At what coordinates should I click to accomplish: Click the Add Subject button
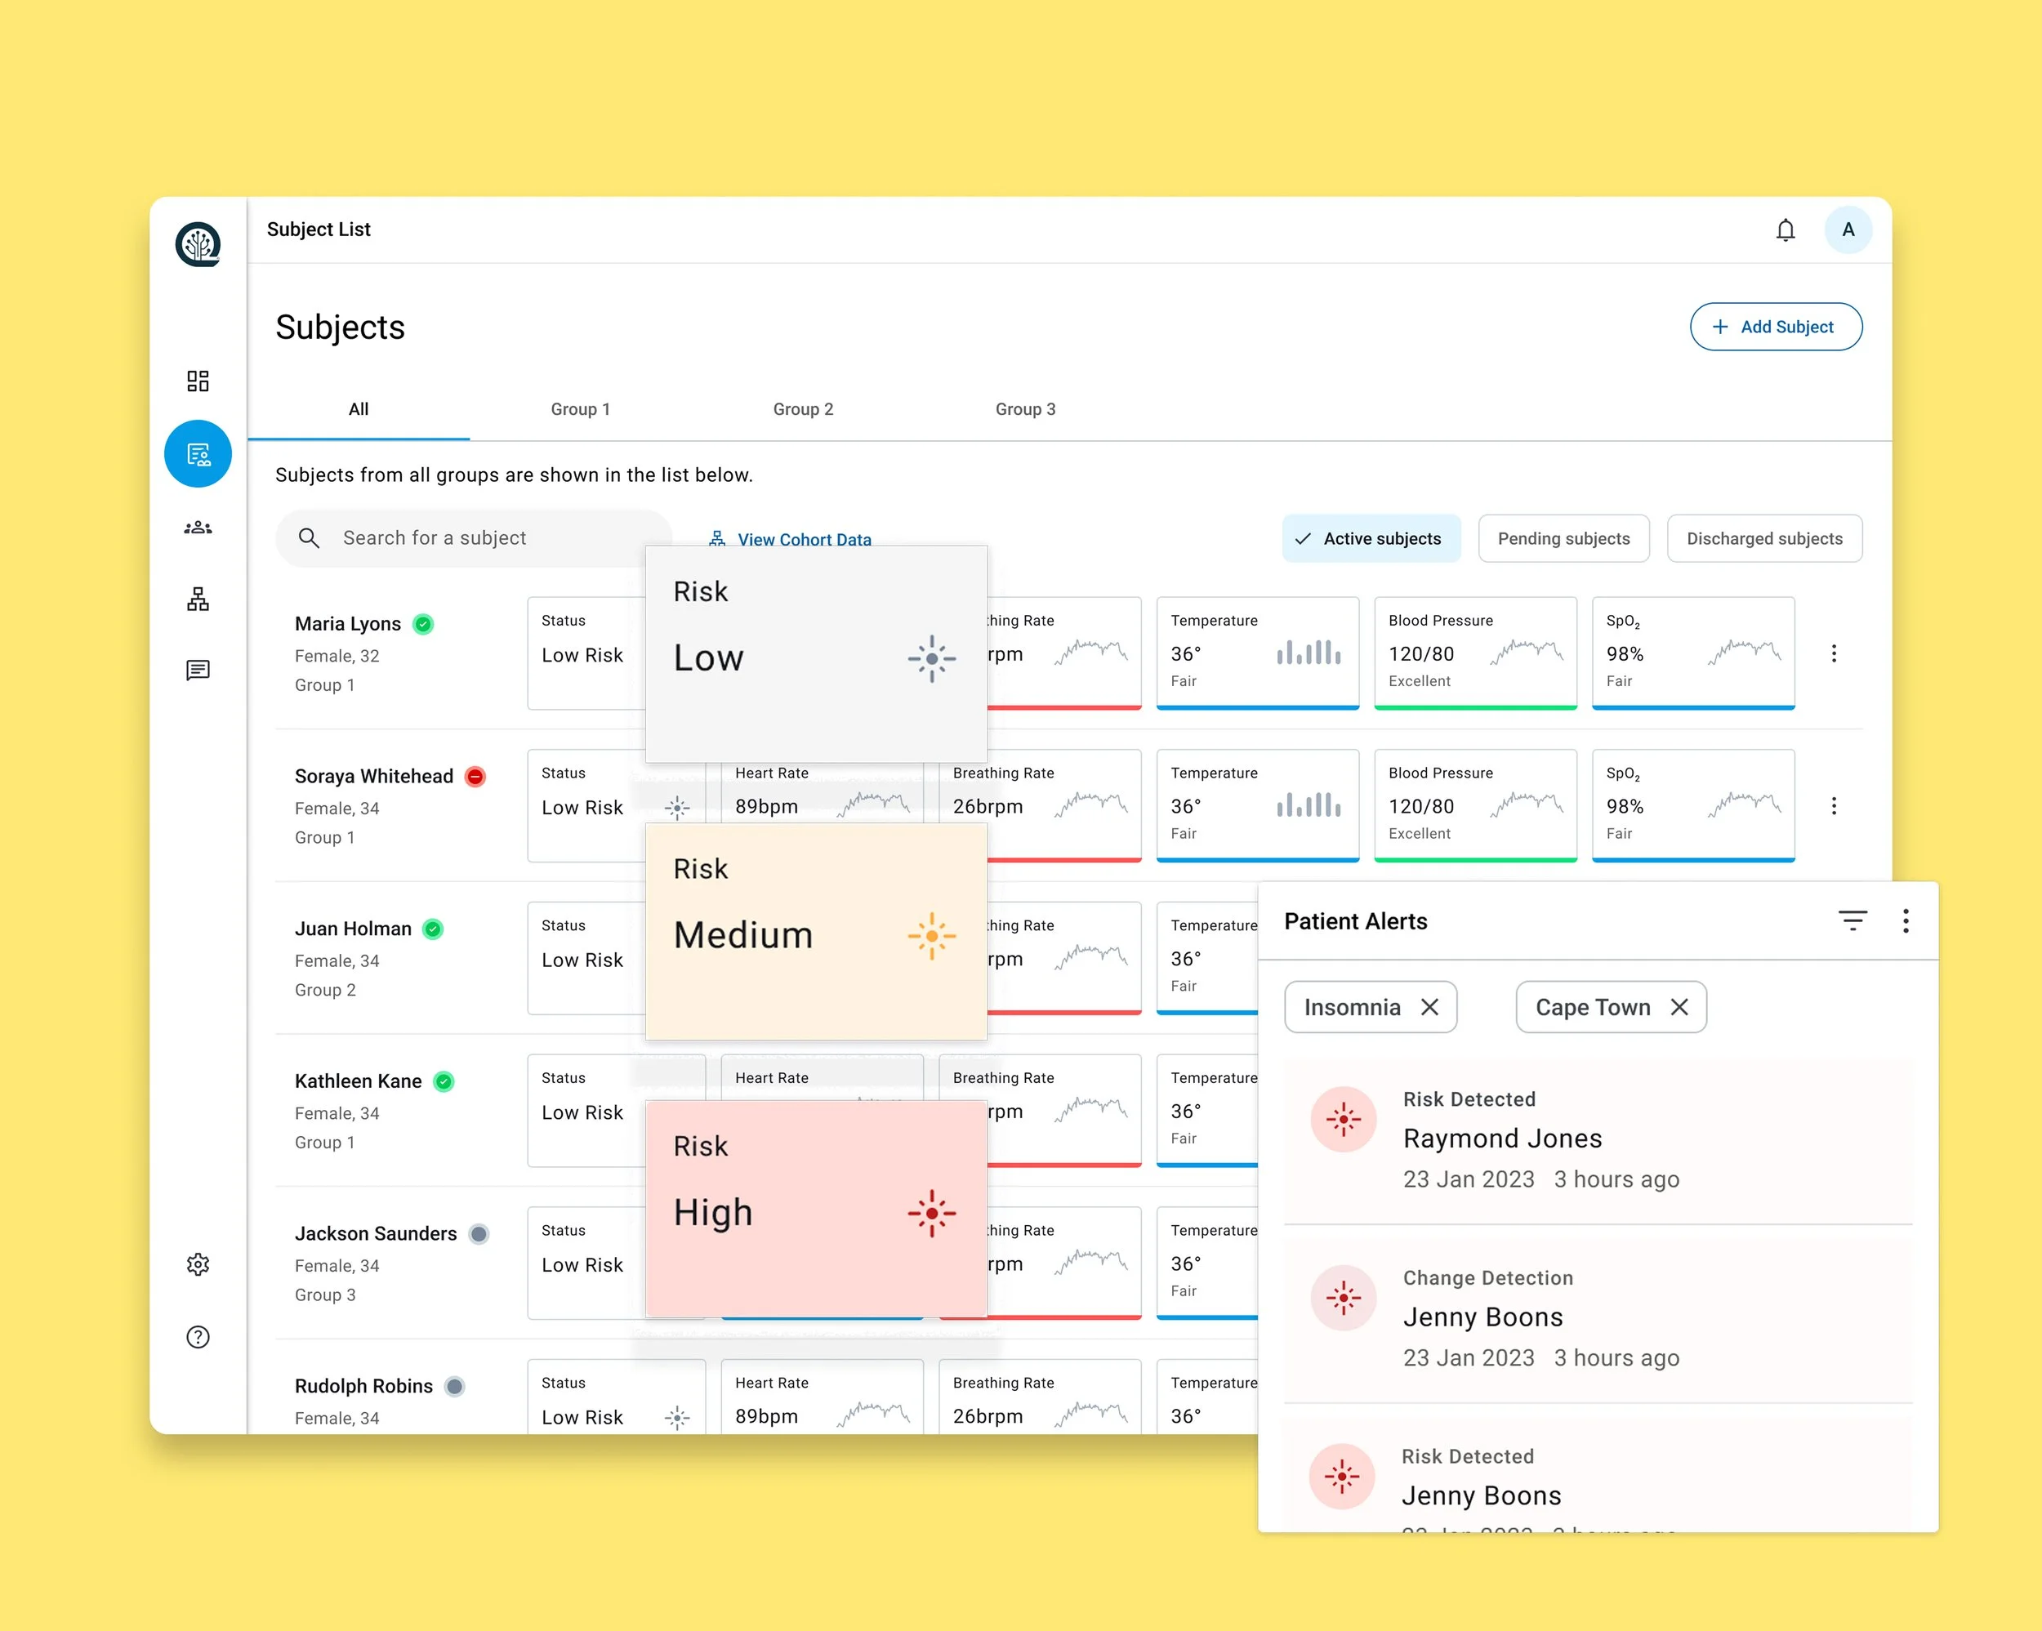coord(1775,327)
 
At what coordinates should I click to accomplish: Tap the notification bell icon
coord(1786,230)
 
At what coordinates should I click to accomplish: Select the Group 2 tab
coord(802,409)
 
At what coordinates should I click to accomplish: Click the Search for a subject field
coord(474,538)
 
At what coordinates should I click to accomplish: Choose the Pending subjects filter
coord(1563,539)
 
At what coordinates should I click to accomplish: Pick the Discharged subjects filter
coord(1763,539)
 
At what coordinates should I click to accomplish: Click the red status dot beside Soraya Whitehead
coord(475,777)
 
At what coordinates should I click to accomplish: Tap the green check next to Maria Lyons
coord(423,624)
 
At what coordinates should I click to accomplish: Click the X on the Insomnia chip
coord(1429,1007)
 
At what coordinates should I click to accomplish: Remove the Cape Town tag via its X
coord(1679,1007)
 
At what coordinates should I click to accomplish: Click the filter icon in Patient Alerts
coord(1852,920)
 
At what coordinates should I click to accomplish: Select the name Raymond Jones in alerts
coord(1502,1139)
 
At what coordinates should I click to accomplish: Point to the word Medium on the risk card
coord(742,936)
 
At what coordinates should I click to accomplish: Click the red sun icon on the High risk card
coord(931,1214)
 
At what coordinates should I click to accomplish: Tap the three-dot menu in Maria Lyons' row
coord(1833,653)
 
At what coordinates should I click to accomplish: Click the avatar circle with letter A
coord(1847,230)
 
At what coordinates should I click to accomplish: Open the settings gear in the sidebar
coord(198,1264)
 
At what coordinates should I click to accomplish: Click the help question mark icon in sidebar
coord(198,1337)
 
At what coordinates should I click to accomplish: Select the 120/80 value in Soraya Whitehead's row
coord(1420,807)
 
